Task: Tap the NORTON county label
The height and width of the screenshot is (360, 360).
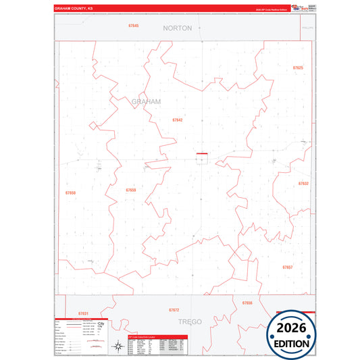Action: (178, 28)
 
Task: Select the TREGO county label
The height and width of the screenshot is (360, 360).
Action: (191, 322)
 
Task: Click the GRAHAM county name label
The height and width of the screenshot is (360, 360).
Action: (147, 101)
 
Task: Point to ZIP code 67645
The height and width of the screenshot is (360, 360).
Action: (133, 25)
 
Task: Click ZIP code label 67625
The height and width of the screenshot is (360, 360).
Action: (298, 68)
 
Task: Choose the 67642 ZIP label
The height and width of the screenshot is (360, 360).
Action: (177, 120)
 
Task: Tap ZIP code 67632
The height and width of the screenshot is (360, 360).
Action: (303, 183)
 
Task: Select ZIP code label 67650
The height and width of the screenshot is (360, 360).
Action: (71, 192)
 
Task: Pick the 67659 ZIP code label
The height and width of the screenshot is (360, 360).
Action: (130, 190)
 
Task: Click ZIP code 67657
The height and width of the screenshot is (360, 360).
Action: (288, 267)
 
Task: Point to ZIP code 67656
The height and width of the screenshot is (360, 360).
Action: (247, 303)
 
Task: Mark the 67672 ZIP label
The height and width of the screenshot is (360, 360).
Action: (174, 309)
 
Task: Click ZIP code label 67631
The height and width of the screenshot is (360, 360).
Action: (83, 313)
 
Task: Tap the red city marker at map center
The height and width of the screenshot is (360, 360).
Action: (201, 154)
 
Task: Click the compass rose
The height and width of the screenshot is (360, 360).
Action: (101, 326)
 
